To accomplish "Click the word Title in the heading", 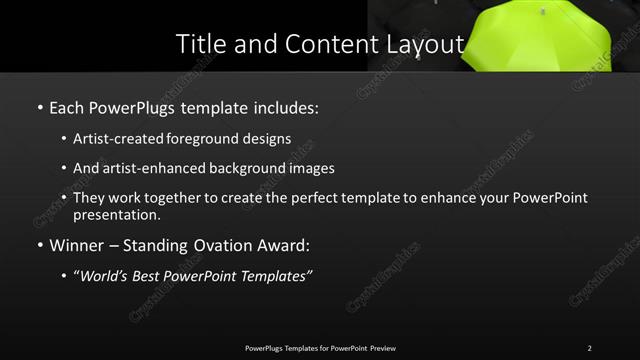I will (198, 44).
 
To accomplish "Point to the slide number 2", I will (589, 348).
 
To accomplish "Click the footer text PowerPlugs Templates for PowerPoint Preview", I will (320, 348).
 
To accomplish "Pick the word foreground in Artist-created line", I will (217, 139).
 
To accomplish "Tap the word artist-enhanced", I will (151, 168).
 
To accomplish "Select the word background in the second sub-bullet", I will (250, 168).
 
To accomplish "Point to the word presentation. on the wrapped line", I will (116, 214).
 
